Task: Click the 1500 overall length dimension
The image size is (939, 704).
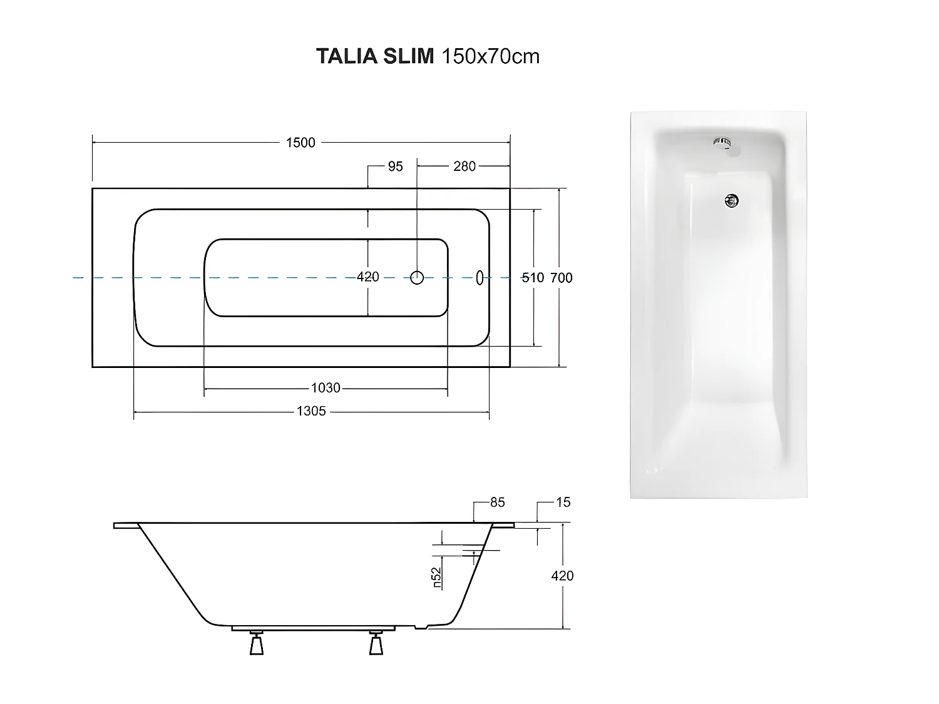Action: click(x=300, y=143)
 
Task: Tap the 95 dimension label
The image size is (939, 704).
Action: click(x=396, y=166)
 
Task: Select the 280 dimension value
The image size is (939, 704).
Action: click(x=464, y=166)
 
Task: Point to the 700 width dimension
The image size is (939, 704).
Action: click(x=562, y=278)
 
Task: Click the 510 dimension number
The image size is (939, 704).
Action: click(x=533, y=278)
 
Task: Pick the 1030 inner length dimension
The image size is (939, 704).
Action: click(x=326, y=388)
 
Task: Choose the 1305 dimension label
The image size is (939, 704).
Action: click(x=311, y=412)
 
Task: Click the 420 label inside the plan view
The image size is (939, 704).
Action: click(x=367, y=277)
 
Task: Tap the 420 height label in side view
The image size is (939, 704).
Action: click(x=562, y=576)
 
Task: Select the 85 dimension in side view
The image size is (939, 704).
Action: click(x=497, y=502)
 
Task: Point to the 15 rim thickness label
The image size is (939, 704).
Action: click(x=563, y=502)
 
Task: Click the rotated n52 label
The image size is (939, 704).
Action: click(x=437, y=577)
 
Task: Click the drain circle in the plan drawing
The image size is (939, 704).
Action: click(x=417, y=277)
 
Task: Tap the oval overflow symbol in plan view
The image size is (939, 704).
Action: click(x=480, y=277)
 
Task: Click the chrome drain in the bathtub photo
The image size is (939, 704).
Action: click(x=731, y=200)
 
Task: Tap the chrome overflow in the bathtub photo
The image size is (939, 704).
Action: click(x=722, y=143)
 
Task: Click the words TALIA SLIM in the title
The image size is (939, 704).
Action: click(x=375, y=56)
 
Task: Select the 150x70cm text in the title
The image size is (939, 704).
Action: click(x=491, y=56)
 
